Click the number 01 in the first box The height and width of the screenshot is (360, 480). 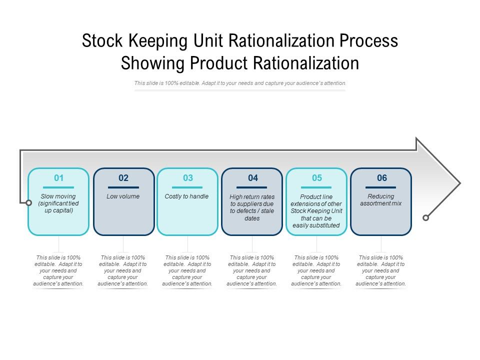pyautogui.click(x=59, y=178)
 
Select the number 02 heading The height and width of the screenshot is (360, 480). pyautogui.click(x=123, y=178)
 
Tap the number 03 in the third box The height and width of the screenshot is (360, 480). pyautogui.click(x=188, y=178)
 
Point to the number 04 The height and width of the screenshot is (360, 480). pyautogui.click(x=252, y=178)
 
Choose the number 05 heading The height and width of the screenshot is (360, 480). pyautogui.click(x=317, y=178)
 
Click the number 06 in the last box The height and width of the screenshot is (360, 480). pyautogui.click(x=381, y=178)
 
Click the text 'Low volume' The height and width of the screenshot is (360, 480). pyautogui.click(x=123, y=196)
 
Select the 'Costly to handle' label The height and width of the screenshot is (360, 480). pyautogui.click(x=187, y=196)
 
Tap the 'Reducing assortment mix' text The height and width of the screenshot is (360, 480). pyautogui.click(x=381, y=200)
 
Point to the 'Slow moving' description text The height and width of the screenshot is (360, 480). pyautogui.click(x=59, y=203)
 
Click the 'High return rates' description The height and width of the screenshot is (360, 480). pyautogui.click(x=252, y=207)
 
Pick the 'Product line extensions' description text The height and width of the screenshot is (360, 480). pyautogui.click(x=316, y=211)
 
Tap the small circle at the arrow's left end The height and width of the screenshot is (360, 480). pyautogui.click(x=22, y=202)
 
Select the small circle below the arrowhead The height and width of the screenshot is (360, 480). pyautogui.click(x=425, y=217)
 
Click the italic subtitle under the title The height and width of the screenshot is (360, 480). pyautogui.click(x=240, y=83)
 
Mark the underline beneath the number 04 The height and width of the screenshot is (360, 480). pyautogui.click(x=252, y=187)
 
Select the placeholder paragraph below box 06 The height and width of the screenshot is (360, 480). pyautogui.click(x=381, y=270)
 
